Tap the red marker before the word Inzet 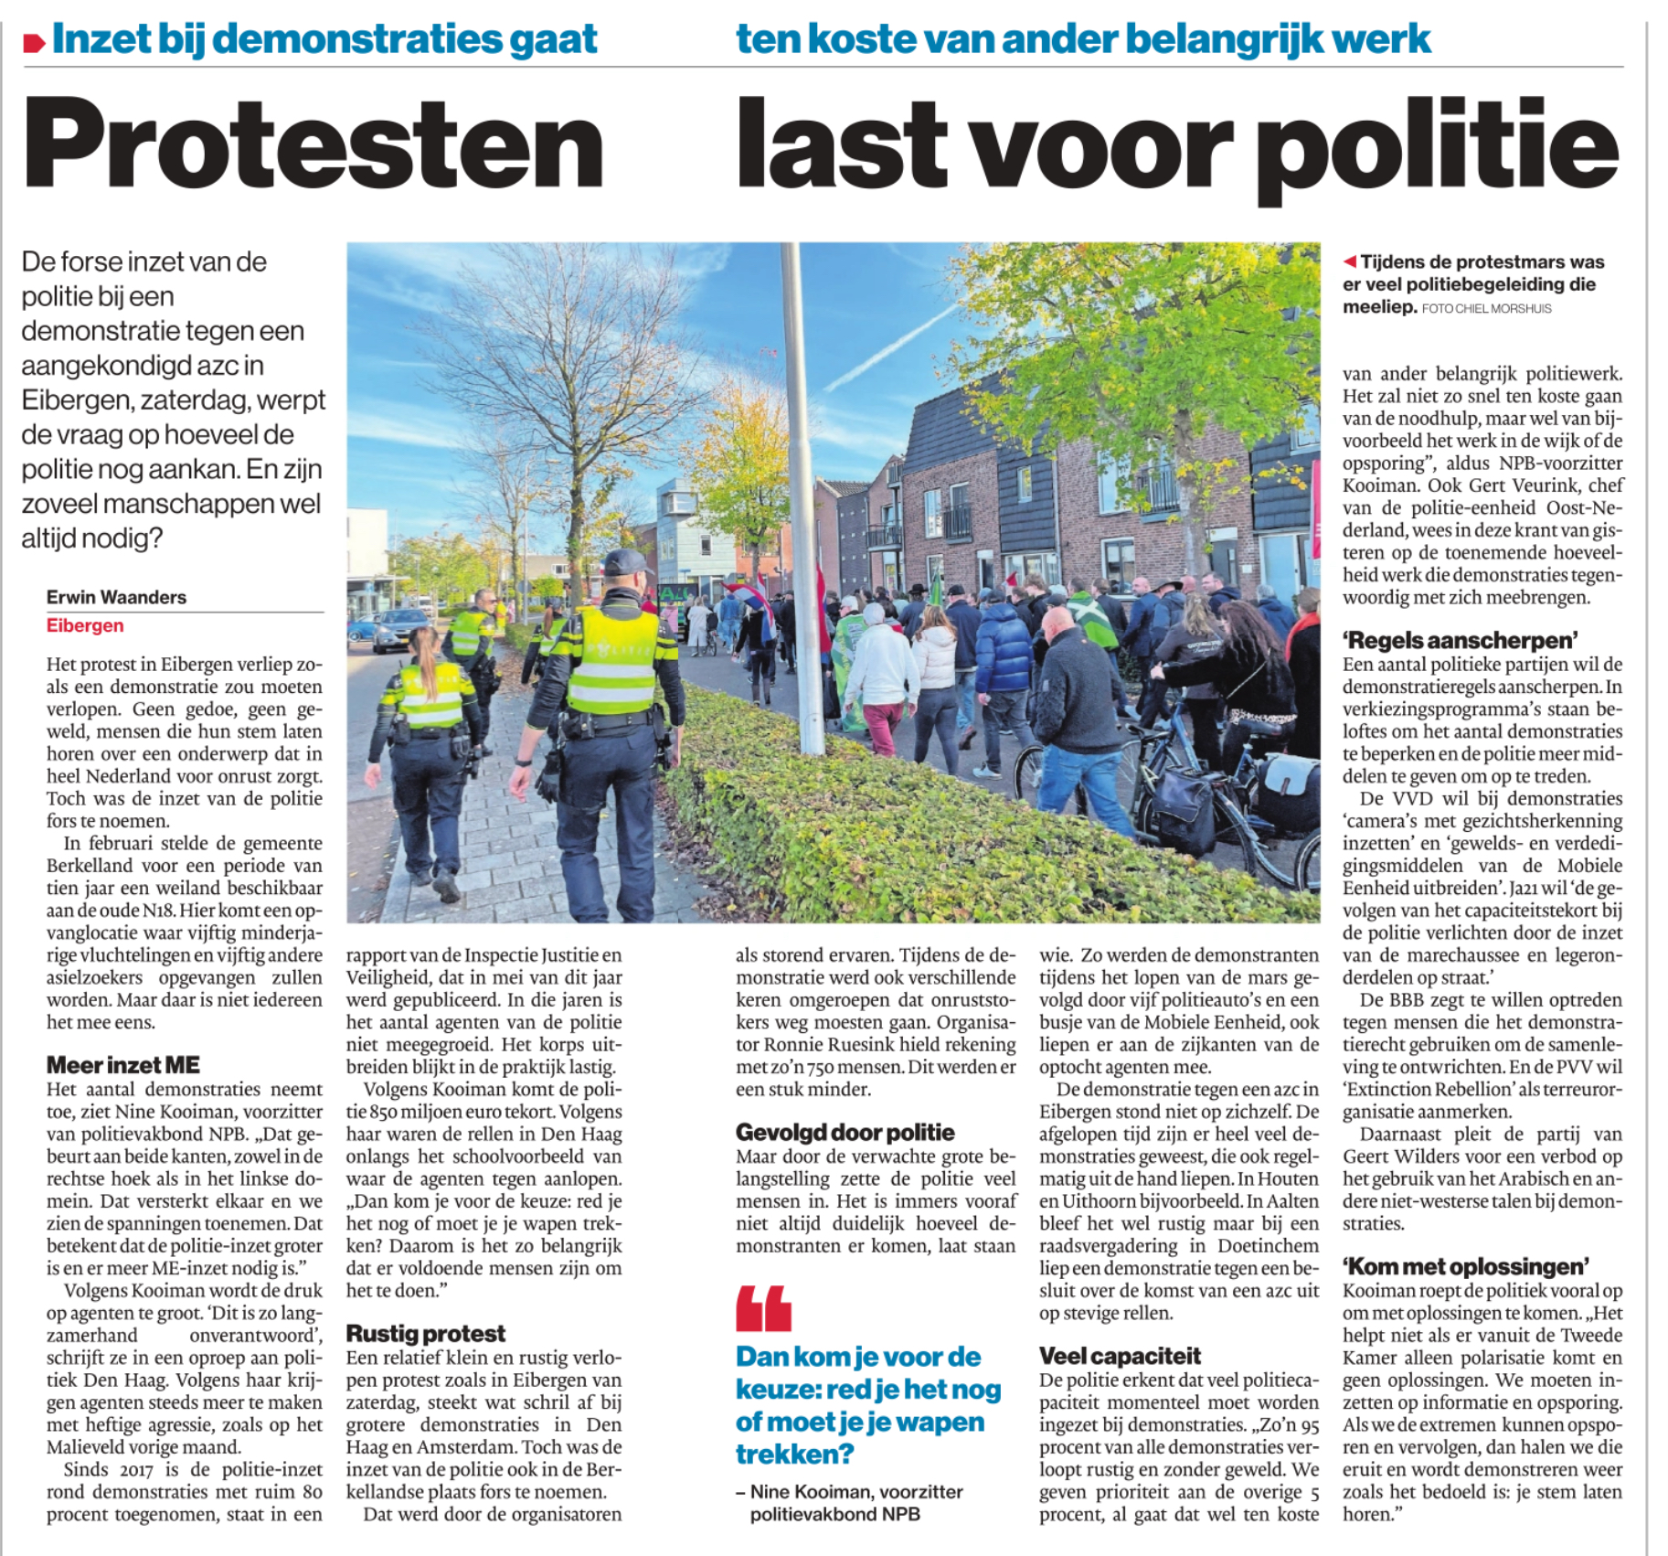click(34, 42)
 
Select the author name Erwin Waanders click(116, 597)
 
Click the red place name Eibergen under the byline click(85, 626)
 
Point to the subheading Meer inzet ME click(123, 1065)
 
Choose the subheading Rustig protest click(425, 1334)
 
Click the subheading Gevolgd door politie click(845, 1133)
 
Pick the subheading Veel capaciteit click(1120, 1356)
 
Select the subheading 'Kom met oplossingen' click(1465, 1267)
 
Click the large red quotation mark click(763, 1308)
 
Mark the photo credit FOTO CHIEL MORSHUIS click(1486, 309)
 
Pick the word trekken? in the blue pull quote click(794, 1454)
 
